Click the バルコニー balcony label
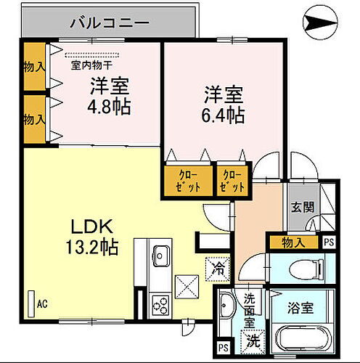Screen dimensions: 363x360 click(110, 22)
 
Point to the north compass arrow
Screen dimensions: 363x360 click(322, 28)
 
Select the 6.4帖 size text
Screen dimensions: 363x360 click(223, 115)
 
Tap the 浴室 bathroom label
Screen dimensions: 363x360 click(300, 308)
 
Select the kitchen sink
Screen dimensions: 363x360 click(160, 255)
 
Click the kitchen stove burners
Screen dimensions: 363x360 click(159, 304)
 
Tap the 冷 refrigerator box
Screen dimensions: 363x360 click(218, 267)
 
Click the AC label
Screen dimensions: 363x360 click(41, 303)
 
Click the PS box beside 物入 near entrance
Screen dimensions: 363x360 click(330, 242)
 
